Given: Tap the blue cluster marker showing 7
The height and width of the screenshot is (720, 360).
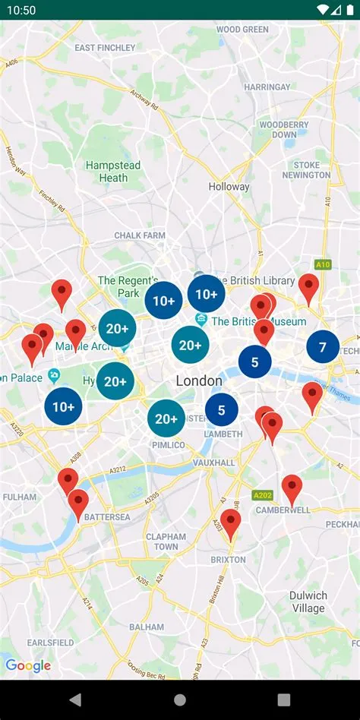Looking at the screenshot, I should (323, 347).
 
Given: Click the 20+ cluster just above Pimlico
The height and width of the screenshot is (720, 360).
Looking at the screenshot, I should (166, 418).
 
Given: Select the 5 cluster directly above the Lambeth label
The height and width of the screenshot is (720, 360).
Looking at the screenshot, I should (222, 410).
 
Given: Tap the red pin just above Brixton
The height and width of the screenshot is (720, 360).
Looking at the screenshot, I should (231, 522).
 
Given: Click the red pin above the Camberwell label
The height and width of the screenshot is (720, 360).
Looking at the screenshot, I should (292, 488).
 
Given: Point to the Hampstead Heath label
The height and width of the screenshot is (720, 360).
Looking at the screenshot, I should (113, 171).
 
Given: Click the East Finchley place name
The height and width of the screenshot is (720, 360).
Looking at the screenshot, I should (105, 47).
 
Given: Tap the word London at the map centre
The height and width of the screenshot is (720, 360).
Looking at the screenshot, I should (199, 381).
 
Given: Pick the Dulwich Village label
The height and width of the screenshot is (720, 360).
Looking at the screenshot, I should (308, 602).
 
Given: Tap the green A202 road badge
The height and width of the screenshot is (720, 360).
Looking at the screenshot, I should (262, 494).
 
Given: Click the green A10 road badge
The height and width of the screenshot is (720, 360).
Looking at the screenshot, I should (323, 264).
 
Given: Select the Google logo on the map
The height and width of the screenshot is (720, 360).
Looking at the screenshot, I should (28, 666).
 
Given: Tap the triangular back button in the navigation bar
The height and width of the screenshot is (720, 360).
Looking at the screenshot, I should (75, 699).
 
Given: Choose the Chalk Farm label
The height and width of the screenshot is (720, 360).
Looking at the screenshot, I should (140, 235).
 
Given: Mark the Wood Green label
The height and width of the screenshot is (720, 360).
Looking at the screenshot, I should (242, 30).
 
